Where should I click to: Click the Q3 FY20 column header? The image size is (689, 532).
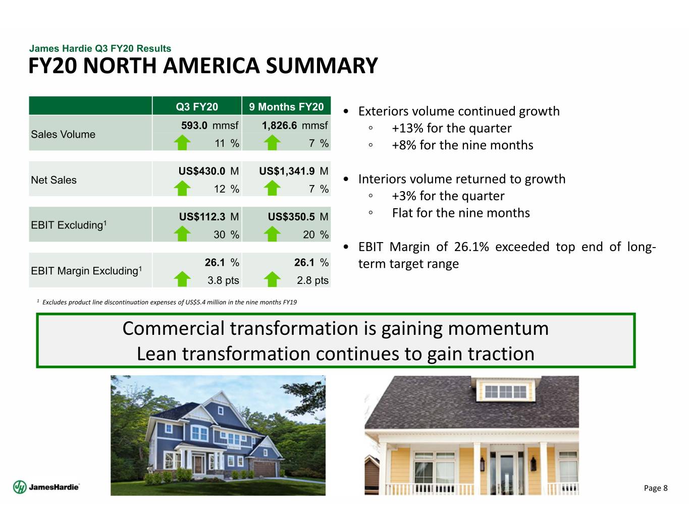[x=196, y=107]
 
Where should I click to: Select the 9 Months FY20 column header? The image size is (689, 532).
[x=286, y=107]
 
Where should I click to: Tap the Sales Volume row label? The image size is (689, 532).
[x=63, y=134]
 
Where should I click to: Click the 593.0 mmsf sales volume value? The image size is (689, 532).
[x=209, y=126]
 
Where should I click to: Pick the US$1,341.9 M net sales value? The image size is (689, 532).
[x=294, y=171]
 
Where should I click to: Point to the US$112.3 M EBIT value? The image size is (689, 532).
[x=208, y=217]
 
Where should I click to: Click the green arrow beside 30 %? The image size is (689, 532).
[x=182, y=233]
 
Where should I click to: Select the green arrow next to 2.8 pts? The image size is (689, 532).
[x=272, y=279]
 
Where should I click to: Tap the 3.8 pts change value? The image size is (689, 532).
[x=223, y=280]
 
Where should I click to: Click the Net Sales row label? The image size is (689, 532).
[x=54, y=180]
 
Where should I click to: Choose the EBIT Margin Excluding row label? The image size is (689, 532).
[x=86, y=271]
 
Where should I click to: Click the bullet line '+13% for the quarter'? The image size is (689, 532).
[x=452, y=128]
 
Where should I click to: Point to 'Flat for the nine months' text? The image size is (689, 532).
[x=461, y=213]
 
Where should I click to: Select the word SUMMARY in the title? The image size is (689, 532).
[x=322, y=66]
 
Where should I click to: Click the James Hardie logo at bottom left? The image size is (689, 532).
[x=46, y=487]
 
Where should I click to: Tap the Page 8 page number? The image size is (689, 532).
[x=655, y=488]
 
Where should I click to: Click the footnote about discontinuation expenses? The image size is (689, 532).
[x=167, y=302]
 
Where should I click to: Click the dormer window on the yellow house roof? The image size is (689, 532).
[x=506, y=392]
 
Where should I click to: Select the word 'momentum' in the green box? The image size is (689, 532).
[x=498, y=328]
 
